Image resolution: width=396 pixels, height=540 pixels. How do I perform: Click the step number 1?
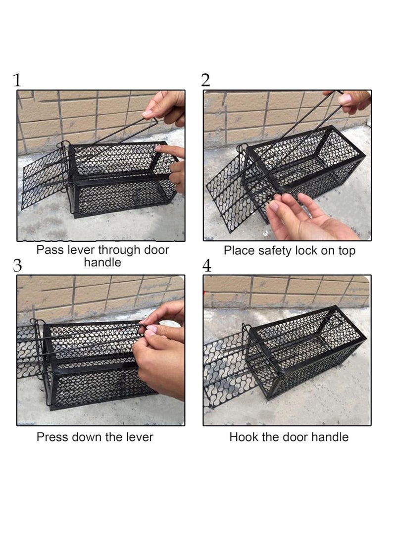[x=17, y=80]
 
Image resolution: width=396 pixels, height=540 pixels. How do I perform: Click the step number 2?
[x=205, y=80]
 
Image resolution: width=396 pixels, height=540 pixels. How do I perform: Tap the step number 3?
[x=17, y=265]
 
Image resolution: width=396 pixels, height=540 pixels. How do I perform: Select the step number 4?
[x=207, y=266]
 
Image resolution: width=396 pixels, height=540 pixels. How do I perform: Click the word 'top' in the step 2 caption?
[x=346, y=251]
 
